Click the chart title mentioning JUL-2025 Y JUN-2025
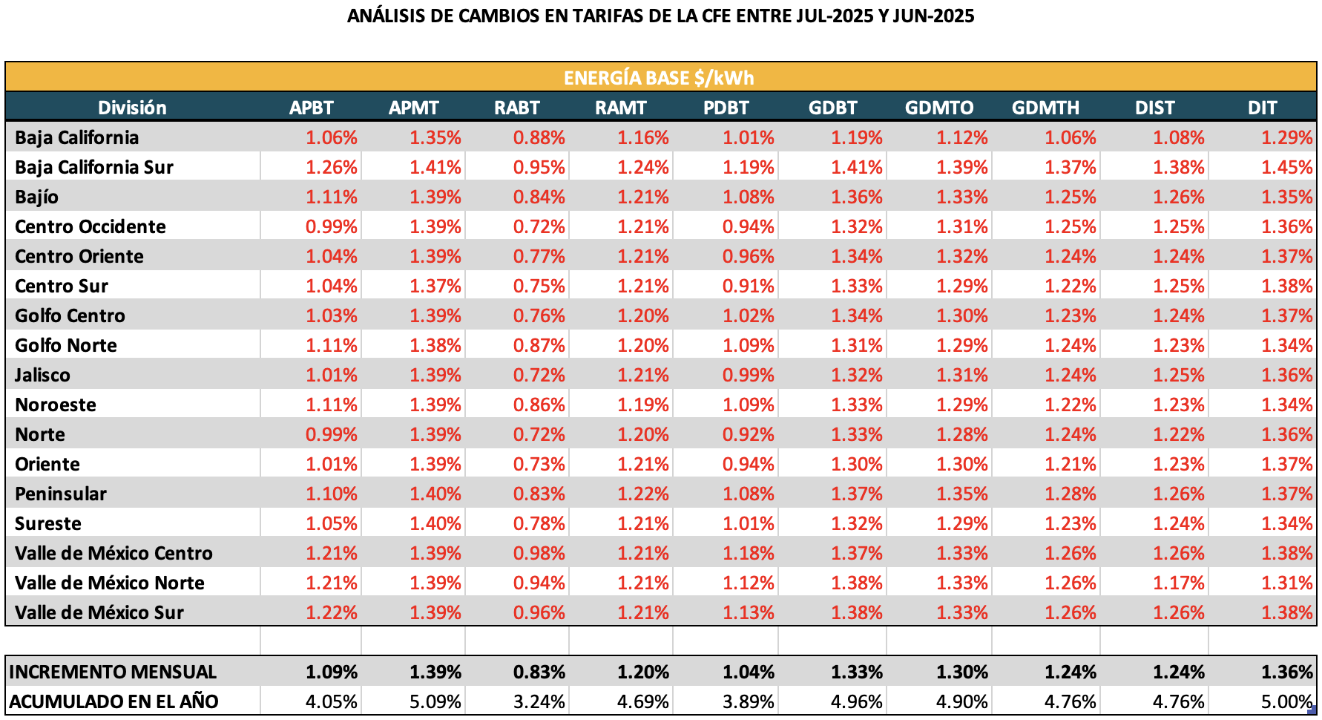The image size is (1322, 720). point(660,16)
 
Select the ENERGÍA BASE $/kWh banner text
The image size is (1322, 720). point(659,78)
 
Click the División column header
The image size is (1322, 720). point(132,108)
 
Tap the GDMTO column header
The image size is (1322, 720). point(938,108)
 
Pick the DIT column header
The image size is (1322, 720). point(1262,108)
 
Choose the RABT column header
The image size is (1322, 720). point(517,108)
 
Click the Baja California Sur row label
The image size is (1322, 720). point(94,167)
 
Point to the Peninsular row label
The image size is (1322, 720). point(61,494)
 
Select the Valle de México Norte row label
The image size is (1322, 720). point(110,583)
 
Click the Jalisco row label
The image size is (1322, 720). point(42,375)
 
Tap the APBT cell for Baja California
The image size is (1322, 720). point(332,137)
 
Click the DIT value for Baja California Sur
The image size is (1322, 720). point(1287,167)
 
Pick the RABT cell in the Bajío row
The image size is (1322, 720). point(539,197)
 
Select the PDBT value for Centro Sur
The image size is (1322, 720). point(749,286)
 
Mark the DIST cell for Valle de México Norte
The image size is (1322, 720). point(1178,583)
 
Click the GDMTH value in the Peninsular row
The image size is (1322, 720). point(1071,494)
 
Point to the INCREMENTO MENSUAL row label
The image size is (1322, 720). point(113,672)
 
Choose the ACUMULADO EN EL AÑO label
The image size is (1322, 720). point(114,701)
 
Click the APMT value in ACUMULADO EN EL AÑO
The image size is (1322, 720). point(435,701)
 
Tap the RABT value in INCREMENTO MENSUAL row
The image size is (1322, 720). point(539,672)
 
